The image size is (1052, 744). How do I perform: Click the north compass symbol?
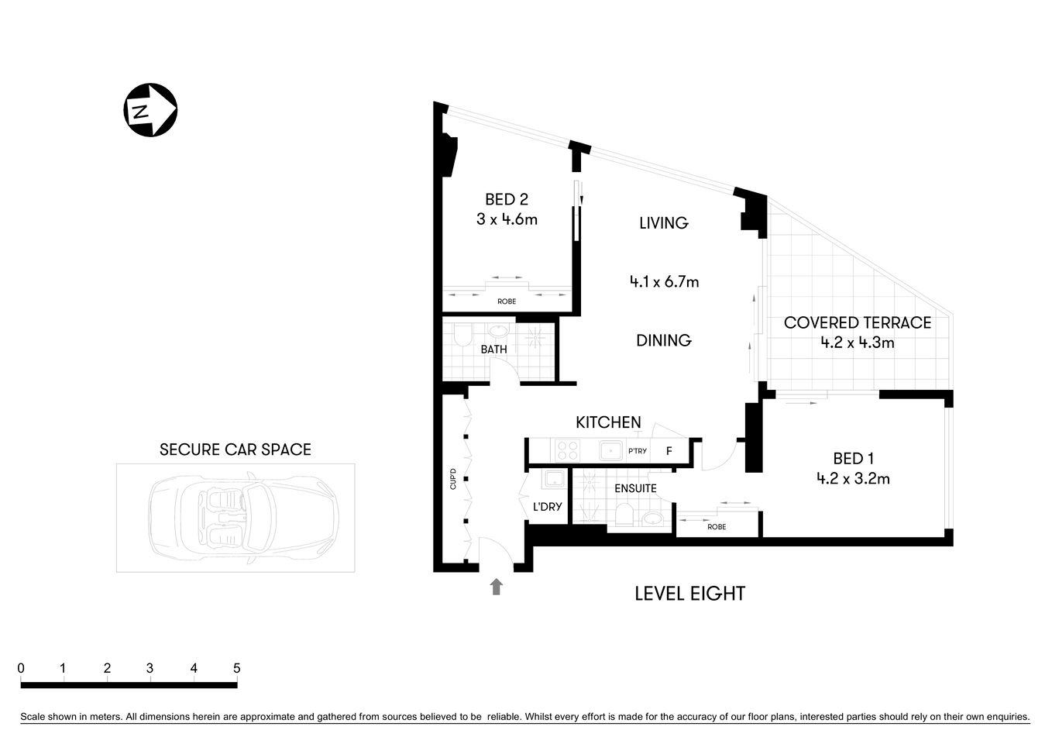[151, 110]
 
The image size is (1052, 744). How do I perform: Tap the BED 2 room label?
[507, 200]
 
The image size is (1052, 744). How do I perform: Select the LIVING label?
[663, 223]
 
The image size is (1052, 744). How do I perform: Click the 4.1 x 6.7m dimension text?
[664, 282]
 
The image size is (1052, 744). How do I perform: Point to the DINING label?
[663, 340]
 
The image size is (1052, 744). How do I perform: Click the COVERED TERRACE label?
[857, 322]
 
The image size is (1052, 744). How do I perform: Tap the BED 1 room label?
[853, 458]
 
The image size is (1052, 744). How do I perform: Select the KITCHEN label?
[608, 422]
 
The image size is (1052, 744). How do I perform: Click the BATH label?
[493, 350]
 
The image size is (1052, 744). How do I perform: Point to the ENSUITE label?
[635, 488]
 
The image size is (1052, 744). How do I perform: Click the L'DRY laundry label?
[547, 508]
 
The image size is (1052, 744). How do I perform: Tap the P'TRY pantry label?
[637, 451]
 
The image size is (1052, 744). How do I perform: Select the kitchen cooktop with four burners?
[566, 450]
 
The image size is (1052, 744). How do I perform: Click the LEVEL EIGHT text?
[689, 594]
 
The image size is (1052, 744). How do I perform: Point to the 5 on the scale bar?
[236, 668]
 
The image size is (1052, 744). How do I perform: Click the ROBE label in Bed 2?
[507, 301]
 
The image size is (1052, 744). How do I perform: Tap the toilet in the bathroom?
[462, 336]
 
